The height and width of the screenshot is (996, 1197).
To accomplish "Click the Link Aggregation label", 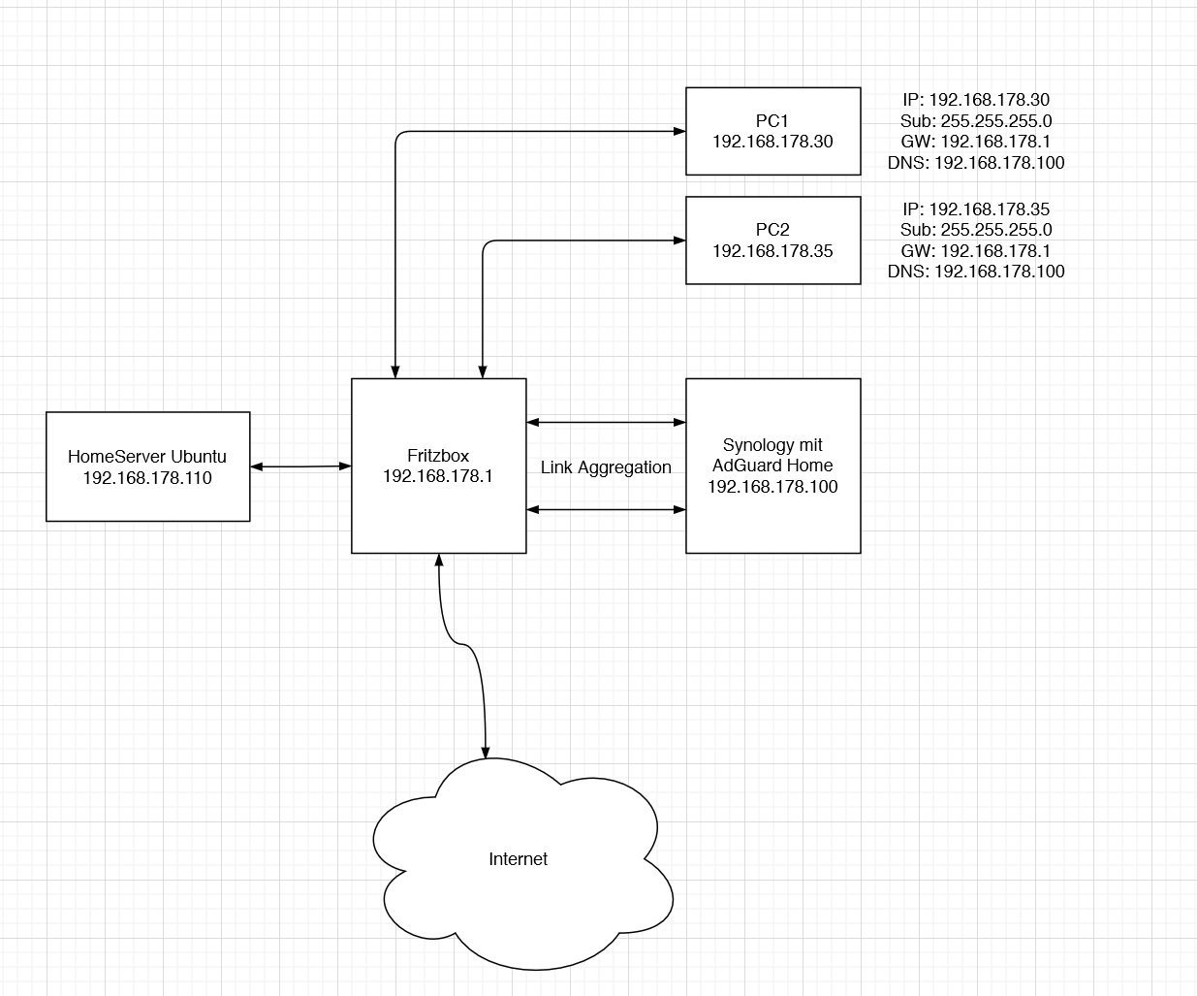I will (x=606, y=467).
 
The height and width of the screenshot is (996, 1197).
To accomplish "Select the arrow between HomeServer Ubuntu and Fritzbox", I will (x=300, y=466).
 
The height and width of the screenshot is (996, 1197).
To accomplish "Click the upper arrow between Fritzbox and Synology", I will (x=606, y=422).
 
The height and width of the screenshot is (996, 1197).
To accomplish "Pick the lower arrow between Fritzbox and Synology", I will (x=606, y=509).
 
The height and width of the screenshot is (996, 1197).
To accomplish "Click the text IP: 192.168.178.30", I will (x=975, y=100).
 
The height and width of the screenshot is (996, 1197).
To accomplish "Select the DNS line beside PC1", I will (x=975, y=163).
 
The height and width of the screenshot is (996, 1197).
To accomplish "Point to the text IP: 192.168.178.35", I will (x=975, y=209).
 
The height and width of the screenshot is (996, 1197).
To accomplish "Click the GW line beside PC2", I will (x=975, y=251).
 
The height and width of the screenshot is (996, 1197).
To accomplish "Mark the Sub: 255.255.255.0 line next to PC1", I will (x=975, y=121).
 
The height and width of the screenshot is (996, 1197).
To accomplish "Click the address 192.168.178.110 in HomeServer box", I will (x=147, y=478).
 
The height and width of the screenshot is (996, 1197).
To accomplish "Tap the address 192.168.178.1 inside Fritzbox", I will (x=438, y=476).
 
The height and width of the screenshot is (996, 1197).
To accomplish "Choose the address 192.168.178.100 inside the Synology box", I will (x=772, y=487).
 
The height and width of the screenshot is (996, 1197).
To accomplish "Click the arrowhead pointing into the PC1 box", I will (x=679, y=131).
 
